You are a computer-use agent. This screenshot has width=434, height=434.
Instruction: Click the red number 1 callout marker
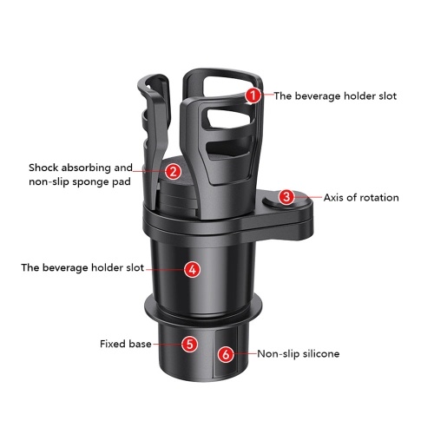point(253,95)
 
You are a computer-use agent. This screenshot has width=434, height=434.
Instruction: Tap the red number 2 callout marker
point(174,171)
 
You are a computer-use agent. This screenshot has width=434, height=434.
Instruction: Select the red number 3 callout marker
point(286,197)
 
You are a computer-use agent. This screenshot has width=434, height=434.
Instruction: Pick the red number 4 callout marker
point(193,269)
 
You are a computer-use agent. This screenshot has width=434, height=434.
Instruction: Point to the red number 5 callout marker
point(190,344)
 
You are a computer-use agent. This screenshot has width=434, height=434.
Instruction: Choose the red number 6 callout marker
point(226,354)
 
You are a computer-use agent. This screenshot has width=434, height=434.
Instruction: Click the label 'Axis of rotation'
point(361,198)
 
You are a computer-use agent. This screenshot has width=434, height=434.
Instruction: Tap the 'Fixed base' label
point(126,344)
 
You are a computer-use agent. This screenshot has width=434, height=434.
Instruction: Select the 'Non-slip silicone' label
point(299,353)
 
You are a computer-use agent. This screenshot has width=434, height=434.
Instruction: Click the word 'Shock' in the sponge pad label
point(43,168)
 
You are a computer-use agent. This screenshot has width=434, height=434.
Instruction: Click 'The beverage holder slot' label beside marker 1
point(335,96)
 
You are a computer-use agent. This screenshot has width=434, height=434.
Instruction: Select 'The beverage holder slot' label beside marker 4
point(82,267)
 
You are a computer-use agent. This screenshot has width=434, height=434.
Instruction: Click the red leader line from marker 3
point(308,197)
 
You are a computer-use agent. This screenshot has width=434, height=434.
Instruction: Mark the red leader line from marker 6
point(246,353)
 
